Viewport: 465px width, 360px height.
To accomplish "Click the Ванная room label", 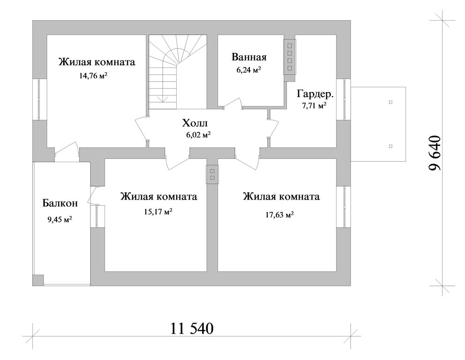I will click(x=249, y=57).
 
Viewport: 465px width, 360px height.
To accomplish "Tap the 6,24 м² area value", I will click(x=249, y=70).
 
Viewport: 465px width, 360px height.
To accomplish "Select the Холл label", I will click(x=195, y=124).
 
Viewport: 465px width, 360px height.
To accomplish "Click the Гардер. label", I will click(x=315, y=94).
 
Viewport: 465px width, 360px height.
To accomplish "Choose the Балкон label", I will click(x=60, y=203).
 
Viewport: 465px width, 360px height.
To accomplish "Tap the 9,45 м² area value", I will click(x=60, y=218).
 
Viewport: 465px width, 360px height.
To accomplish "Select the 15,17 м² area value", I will click(x=158, y=211).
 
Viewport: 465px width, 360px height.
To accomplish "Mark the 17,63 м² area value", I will click(x=280, y=215).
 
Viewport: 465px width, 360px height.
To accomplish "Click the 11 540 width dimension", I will click(x=192, y=329).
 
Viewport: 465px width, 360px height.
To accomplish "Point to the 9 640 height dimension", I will click(x=435, y=153).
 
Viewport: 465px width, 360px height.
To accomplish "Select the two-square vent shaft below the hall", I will click(x=212, y=174).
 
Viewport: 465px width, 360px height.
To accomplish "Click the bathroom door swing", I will click(x=232, y=103).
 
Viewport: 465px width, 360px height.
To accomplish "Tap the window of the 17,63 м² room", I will click(x=346, y=207).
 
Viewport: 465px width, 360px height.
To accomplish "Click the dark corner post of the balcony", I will click(x=38, y=280).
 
